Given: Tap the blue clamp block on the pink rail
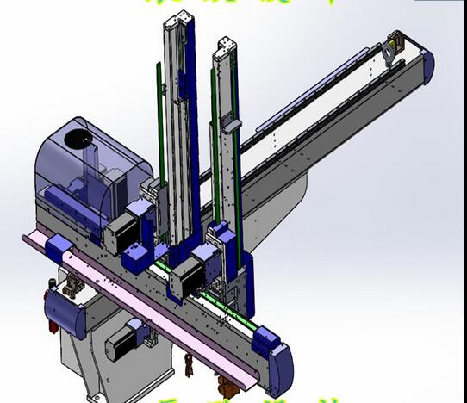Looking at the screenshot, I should point(60,251).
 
